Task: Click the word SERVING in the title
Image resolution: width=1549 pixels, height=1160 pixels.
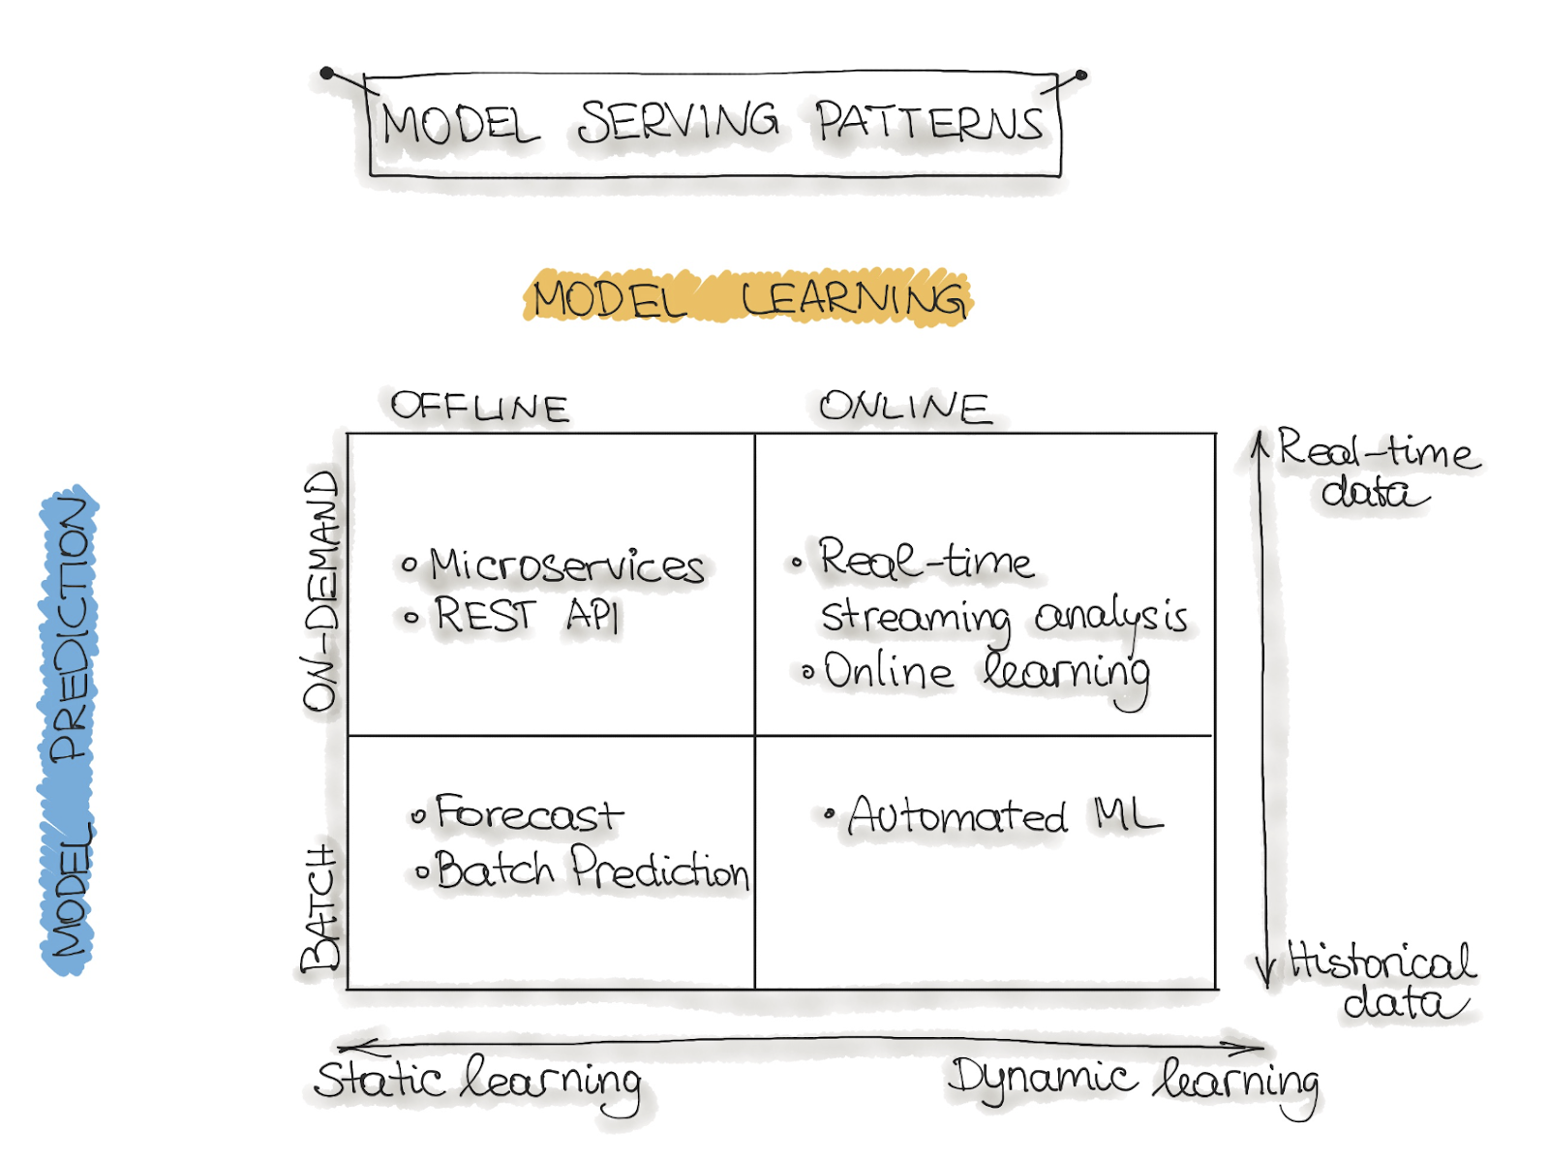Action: [678, 122]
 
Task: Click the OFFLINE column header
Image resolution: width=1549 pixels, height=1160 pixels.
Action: [479, 408]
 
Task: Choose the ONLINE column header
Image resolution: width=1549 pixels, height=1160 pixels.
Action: [904, 408]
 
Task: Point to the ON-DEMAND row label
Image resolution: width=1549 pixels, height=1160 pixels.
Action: [321, 591]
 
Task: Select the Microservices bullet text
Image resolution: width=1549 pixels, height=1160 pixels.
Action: [566, 565]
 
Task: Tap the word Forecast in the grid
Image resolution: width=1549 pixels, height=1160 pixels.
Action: [529, 814]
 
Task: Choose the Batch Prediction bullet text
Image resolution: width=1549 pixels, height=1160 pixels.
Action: [592, 870]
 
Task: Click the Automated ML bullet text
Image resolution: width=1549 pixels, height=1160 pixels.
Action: [1005, 816]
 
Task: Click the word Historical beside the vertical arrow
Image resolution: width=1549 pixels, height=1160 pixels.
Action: [1382, 962]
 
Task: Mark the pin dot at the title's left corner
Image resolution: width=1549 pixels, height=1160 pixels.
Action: [327, 73]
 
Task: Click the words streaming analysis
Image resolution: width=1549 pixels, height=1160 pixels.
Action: [1004, 618]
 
